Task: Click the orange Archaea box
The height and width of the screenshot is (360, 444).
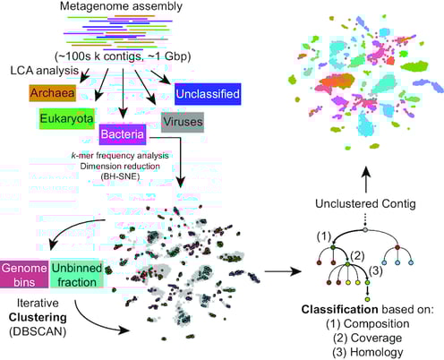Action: (x=52, y=93)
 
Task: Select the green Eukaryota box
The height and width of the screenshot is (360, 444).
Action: (x=66, y=118)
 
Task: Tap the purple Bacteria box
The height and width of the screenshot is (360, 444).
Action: (x=123, y=134)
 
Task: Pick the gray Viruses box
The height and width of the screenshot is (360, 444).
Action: (x=183, y=122)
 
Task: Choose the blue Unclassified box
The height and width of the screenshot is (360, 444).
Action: (x=208, y=94)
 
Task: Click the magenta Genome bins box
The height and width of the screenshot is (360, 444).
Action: (x=24, y=275)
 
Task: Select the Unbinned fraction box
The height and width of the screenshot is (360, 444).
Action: (x=77, y=275)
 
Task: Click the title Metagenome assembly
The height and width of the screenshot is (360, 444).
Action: (x=121, y=6)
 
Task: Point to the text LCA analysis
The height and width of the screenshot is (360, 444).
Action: (x=45, y=71)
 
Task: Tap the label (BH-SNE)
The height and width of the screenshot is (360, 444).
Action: (x=120, y=176)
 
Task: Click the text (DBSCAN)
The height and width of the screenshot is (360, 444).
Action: (x=38, y=331)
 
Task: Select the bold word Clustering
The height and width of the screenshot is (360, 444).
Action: (x=38, y=317)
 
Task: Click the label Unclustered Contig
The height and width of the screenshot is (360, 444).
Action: (x=365, y=203)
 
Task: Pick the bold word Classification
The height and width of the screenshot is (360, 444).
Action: (x=340, y=310)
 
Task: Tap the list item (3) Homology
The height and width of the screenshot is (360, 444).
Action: (x=368, y=352)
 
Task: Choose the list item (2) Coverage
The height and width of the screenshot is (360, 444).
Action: (x=368, y=338)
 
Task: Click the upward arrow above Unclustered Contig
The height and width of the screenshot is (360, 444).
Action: (x=366, y=180)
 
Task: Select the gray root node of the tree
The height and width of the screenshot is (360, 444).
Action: (x=365, y=229)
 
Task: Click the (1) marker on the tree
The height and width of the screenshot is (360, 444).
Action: (x=324, y=236)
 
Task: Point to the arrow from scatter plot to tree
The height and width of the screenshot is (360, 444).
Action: (x=283, y=271)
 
